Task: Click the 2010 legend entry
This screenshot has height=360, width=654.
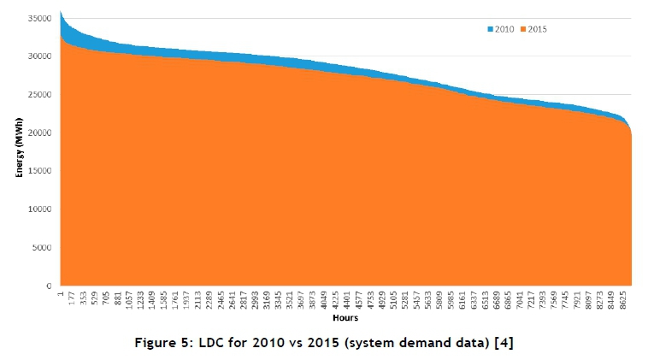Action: pyautogui.click(x=503, y=29)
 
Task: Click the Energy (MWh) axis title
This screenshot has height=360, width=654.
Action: pyautogui.click(x=18, y=152)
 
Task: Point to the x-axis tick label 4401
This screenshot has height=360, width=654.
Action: pyautogui.click(x=346, y=300)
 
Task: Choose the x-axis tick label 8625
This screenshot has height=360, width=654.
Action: pyautogui.click(x=622, y=300)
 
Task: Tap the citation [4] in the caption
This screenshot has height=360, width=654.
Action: pyautogui.click(x=503, y=342)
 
